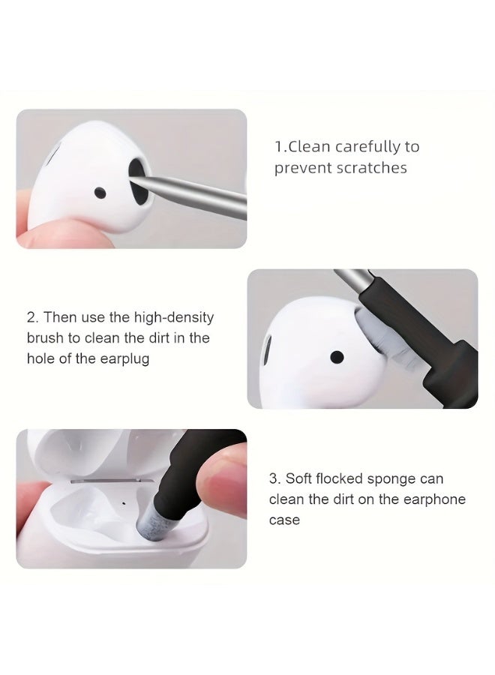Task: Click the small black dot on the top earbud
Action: pyautogui.click(x=100, y=194)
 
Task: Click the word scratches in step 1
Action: pyautogui.click(x=371, y=168)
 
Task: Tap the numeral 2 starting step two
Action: pyautogui.click(x=31, y=318)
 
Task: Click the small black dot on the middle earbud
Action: pyautogui.click(x=337, y=355)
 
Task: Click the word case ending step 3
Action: pyautogui.click(x=284, y=520)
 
